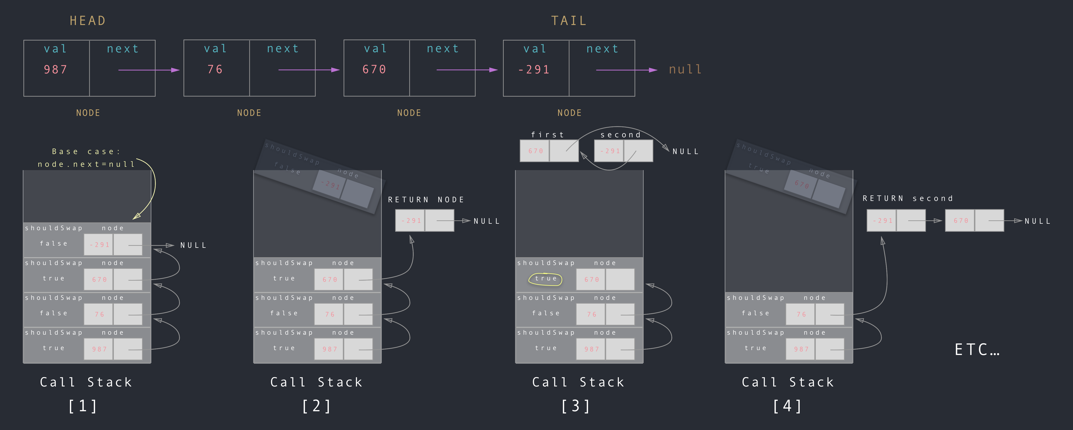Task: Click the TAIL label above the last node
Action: pos(569,21)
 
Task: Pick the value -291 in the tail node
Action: pos(534,70)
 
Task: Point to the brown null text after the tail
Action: pos(685,70)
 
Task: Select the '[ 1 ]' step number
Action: pos(83,406)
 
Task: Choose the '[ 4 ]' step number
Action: pos(787,406)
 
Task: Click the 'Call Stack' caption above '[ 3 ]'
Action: pos(578,382)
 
